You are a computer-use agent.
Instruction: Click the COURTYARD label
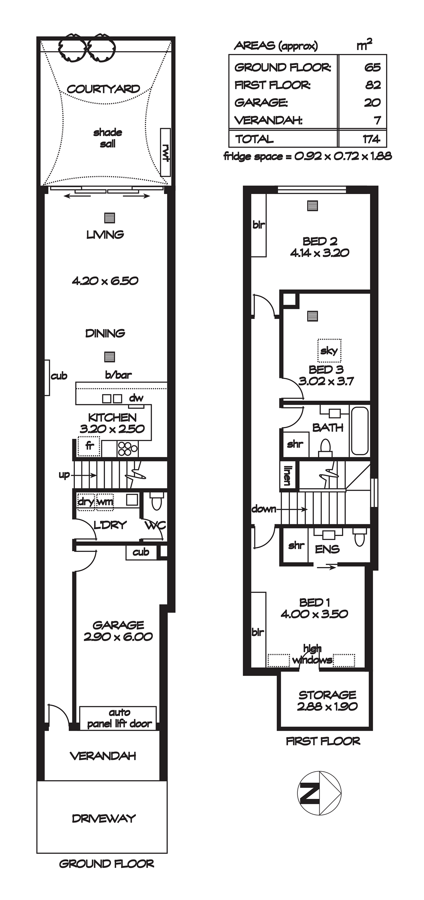click(104, 89)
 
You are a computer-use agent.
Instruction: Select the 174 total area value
click(372, 139)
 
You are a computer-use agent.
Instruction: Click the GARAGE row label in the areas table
click(261, 103)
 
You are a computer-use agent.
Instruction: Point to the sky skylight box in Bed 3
click(329, 350)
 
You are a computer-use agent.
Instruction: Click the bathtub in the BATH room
click(360, 431)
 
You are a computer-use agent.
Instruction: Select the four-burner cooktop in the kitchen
click(127, 449)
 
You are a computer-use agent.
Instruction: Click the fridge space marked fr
click(89, 446)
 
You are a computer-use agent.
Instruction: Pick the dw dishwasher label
click(136, 398)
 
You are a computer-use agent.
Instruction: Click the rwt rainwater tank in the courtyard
click(165, 152)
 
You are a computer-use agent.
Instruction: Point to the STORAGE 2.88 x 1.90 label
click(327, 701)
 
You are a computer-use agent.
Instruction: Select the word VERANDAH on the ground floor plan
click(103, 756)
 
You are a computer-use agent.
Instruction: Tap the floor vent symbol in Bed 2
click(313, 206)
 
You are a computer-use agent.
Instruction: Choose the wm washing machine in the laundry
click(105, 501)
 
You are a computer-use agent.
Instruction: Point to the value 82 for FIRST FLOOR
click(373, 85)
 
